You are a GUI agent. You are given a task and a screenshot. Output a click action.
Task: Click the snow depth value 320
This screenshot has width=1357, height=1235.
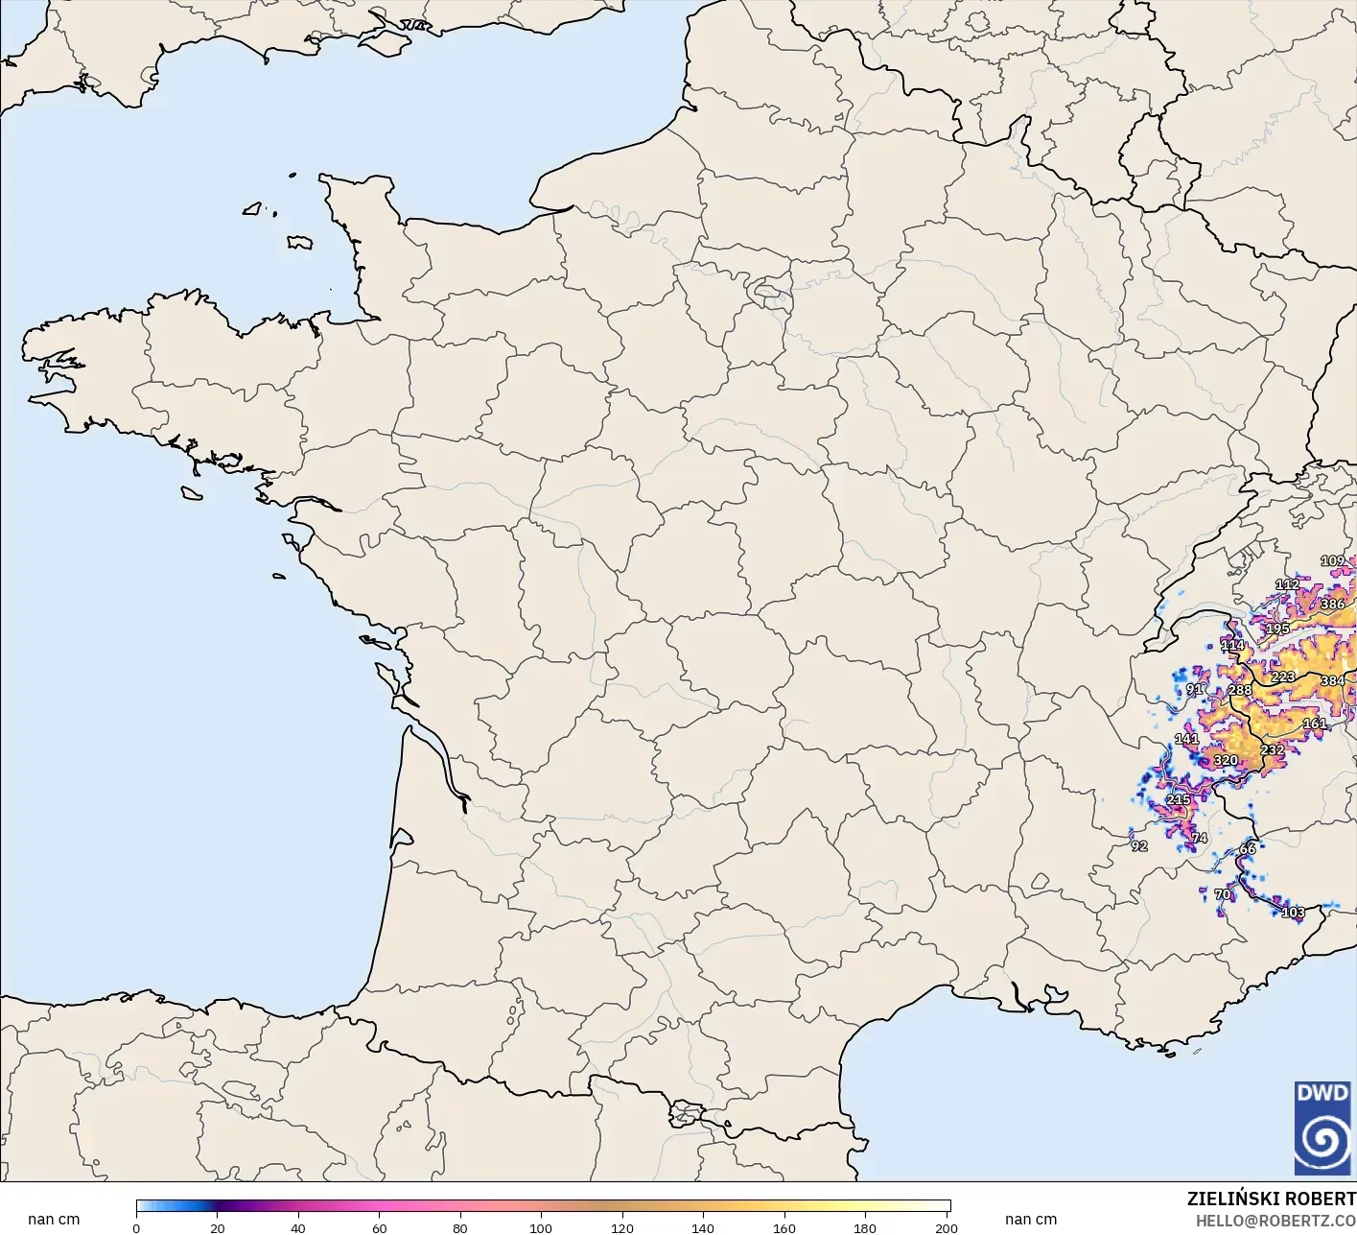click(1226, 760)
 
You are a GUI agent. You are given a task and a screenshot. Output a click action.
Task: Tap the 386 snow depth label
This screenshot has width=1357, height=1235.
click(1332, 605)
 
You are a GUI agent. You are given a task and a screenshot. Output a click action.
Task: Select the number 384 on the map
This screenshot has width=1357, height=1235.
click(1332, 681)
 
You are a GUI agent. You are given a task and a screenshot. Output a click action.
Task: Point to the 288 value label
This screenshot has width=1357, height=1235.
click(1240, 690)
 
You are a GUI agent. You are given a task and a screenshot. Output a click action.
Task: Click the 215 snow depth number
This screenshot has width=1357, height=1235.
click(1178, 799)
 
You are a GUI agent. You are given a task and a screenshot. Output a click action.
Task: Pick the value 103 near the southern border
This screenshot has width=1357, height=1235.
click(1293, 913)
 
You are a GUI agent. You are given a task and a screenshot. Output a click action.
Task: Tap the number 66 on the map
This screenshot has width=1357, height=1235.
click(1248, 849)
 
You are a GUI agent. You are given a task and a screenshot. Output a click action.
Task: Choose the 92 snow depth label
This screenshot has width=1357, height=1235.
click(1139, 846)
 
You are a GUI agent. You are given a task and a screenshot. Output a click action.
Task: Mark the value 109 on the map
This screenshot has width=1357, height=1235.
click(1332, 561)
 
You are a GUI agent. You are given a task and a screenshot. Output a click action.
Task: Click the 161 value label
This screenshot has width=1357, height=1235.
click(1315, 724)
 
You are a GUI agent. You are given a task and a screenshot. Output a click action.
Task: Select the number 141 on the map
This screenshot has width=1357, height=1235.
click(1186, 739)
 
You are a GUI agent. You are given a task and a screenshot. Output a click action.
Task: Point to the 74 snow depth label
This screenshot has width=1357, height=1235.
click(1199, 838)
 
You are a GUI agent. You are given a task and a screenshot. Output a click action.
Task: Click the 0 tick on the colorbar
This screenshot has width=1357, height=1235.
click(136, 1227)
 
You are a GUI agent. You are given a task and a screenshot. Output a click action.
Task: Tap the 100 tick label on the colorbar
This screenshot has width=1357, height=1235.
click(541, 1227)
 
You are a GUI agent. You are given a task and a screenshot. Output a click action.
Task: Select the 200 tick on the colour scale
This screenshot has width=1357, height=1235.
click(946, 1227)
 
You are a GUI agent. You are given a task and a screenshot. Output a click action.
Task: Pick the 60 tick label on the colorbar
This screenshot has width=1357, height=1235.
click(379, 1227)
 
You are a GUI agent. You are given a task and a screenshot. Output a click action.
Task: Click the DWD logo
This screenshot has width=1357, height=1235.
click(1322, 1128)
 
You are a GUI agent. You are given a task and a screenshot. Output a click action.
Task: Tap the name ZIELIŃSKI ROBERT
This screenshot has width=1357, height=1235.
click(1271, 1199)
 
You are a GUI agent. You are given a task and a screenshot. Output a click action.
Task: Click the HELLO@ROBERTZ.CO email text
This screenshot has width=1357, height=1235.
click(1275, 1221)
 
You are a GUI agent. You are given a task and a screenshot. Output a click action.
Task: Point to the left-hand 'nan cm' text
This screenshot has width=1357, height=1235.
click(54, 1220)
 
